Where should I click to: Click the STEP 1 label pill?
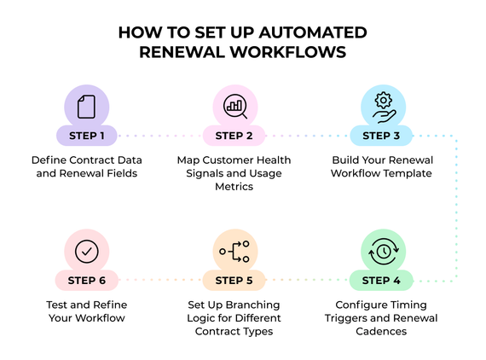85,135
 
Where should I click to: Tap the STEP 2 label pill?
234,135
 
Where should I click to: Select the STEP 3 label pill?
381,135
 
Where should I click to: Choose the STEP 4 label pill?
381,278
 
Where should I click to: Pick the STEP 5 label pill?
234,278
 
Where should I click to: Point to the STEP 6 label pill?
85,278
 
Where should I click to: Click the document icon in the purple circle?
86,107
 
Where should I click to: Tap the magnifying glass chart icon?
234,107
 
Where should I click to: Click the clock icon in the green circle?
381,251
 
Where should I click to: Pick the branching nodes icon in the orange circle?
234,251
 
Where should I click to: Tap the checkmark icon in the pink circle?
86,251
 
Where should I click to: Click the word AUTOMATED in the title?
315,32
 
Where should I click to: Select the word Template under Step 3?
408,173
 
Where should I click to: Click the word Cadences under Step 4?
381,331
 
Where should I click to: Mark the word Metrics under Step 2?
234,187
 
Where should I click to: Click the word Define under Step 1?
50,160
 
